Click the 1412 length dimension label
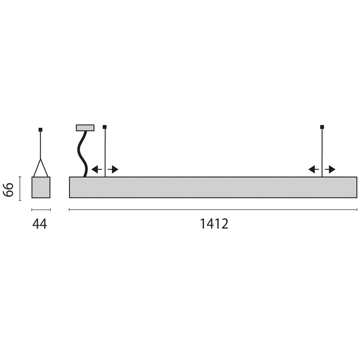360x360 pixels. [214, 223]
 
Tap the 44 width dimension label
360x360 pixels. [40, 224]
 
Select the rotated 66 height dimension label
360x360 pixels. [8, 190]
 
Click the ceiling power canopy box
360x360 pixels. [85, 128]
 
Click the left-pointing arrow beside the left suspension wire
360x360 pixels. [96, 169]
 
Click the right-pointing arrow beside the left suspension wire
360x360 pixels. [113, 169]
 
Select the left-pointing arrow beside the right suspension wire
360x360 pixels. [313, 169]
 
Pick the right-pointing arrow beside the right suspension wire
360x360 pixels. [330, 169]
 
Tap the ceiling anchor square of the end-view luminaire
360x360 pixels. [40, 130]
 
